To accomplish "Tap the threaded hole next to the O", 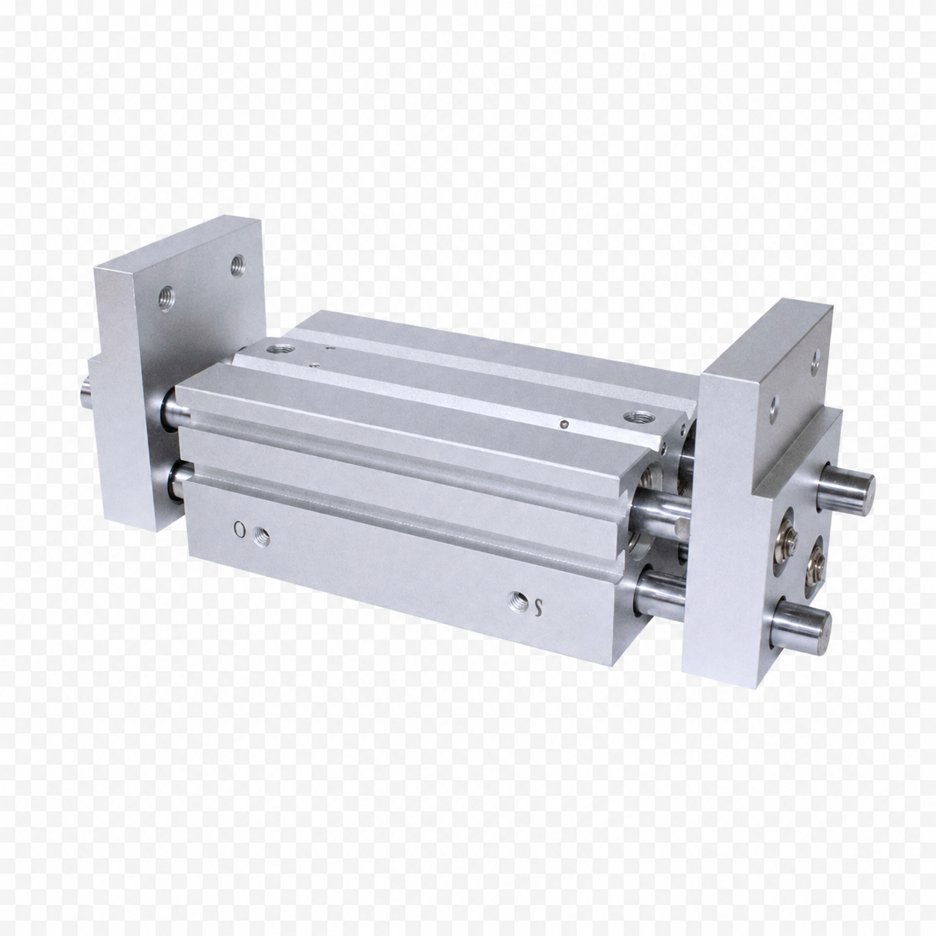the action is click(x=261, y=537).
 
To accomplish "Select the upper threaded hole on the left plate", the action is click(x=237, y=264).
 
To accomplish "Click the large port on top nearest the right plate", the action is click(x=634, y=416).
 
